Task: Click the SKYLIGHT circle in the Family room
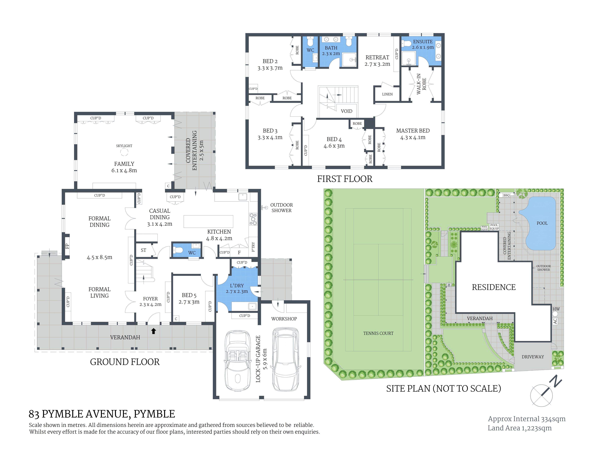(x=124, y=152)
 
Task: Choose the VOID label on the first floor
(x=346, y=111)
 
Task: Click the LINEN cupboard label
(x=387, y=94)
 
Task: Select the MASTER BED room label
(x=413, y=131)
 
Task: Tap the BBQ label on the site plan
(x=506, y=195)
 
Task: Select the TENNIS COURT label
(x=378, y=333)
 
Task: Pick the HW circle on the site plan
(x=555, y=313)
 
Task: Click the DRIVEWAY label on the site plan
(x=533, y=357)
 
